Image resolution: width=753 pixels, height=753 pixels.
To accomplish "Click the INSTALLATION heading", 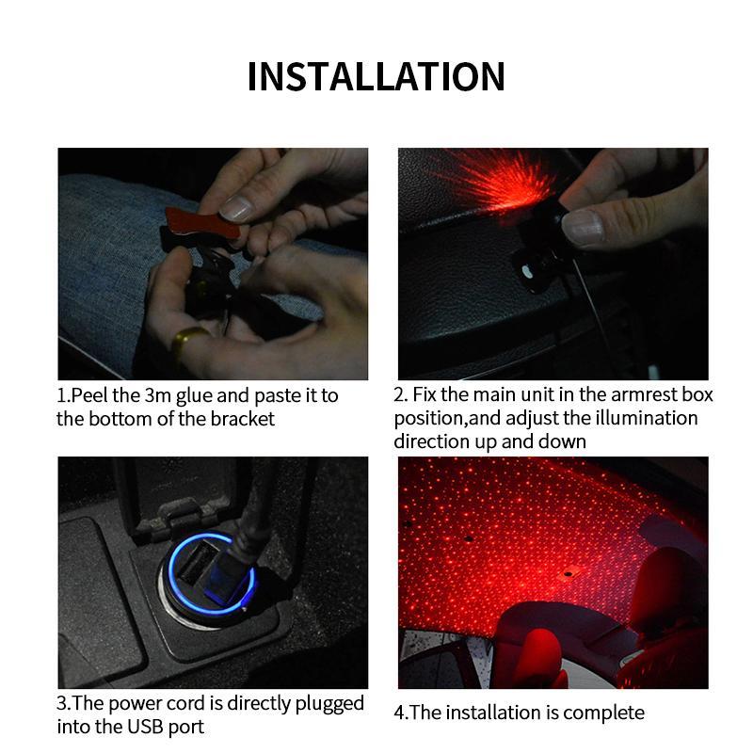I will click(x=376, y=75).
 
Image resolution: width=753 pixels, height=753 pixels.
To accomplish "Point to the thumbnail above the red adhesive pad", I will click(x=235, y=206).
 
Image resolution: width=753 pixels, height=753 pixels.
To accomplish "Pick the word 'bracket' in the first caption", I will click(x=243, y=419).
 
